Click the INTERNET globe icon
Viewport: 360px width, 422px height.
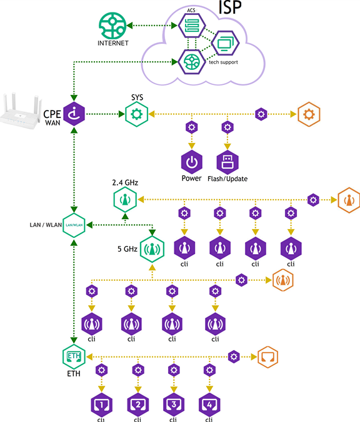112,26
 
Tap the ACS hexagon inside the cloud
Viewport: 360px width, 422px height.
192,26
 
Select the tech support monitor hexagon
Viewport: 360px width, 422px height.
225,43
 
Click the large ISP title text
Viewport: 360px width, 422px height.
230,7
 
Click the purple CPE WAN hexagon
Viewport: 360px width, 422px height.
74,114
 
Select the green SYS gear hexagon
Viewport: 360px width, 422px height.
137,114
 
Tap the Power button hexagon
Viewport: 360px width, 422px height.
192,162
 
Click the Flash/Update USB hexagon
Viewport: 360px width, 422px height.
227,162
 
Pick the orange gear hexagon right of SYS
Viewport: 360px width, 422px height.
309,114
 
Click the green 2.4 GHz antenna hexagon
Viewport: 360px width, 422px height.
125,200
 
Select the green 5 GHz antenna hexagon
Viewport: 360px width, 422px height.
152,249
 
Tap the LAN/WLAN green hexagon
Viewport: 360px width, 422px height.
74,225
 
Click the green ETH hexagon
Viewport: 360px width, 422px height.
74,356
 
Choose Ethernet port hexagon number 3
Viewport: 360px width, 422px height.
174,405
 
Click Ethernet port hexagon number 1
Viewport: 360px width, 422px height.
102,405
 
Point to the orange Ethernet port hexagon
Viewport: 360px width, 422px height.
268,357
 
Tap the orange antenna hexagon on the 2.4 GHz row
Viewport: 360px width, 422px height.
349,200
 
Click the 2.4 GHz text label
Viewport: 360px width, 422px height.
125,182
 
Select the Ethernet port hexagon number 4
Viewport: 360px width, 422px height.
209,405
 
